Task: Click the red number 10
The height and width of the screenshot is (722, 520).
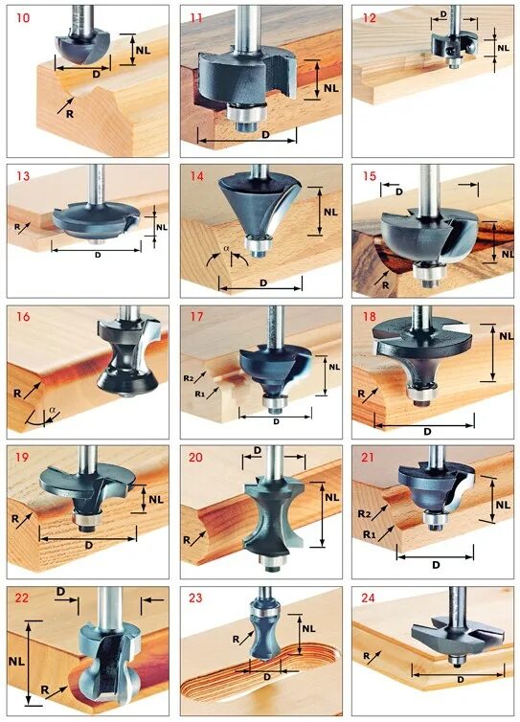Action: (x=23, y=19)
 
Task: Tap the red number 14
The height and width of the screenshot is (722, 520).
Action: (x=196, y=176)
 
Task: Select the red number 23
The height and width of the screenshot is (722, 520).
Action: (x=195, y=598)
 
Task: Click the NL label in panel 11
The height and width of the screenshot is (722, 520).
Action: (x=330, y=87)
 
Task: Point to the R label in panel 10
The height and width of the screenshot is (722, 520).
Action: (x=70, y=114)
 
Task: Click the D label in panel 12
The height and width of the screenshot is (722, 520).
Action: (x=443, y=14)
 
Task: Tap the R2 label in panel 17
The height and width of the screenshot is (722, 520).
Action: (x=189, y=378)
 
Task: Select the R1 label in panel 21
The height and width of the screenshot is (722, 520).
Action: (x=369, y=534)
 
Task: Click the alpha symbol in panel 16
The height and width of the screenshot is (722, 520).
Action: (x=52, y=409)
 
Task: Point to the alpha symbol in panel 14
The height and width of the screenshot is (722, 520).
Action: (x=226, y=248)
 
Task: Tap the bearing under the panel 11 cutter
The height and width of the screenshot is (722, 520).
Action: (x=247, y=111)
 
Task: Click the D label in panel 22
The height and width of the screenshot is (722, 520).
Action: (x=60, y=591)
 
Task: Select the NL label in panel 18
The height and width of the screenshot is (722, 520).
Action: (x=507, y=336)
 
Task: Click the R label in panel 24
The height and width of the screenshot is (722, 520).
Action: (x=367, y=656)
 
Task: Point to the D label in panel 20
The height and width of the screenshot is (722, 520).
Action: (x=258, y=450)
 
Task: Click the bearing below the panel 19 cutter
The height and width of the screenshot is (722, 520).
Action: (x=86, y=519)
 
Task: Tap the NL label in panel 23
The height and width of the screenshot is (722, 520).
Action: (x=308, y=629)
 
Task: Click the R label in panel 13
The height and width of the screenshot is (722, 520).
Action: (x=17, y=227)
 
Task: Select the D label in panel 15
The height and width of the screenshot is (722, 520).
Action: (x=399, y=192)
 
